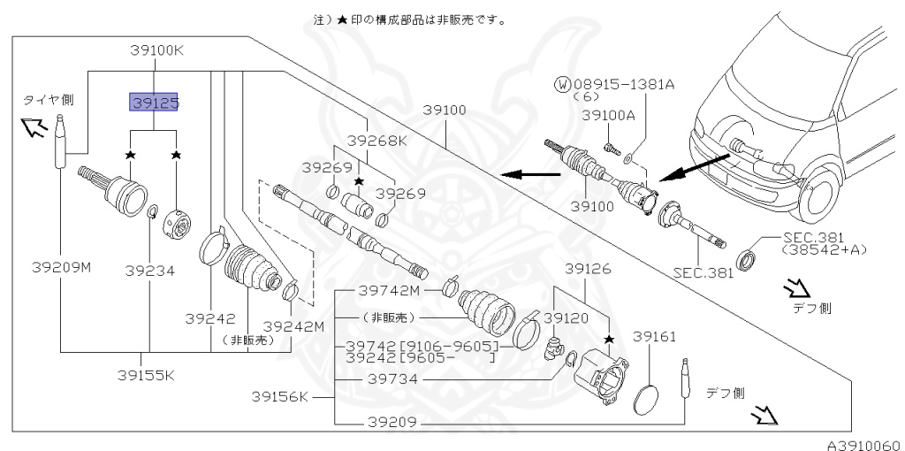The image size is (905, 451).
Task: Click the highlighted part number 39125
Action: [156, 103]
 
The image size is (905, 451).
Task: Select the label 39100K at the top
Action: [156, 50]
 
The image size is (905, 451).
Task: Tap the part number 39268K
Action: [376, 141]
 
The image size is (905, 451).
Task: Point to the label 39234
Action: [148, 271]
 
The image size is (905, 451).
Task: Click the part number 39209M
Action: [62, 268]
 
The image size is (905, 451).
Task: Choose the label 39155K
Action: [148, 374]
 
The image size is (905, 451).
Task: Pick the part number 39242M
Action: [294, 325]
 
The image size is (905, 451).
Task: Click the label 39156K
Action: [278, 395]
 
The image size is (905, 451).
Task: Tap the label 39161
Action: [654, 337]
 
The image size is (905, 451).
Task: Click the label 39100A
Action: [608, 115]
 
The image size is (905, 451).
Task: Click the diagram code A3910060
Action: [863, 444]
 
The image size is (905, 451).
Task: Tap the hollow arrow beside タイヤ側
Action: [34, 129]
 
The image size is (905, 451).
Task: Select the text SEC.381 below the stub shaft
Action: [703, 273]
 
